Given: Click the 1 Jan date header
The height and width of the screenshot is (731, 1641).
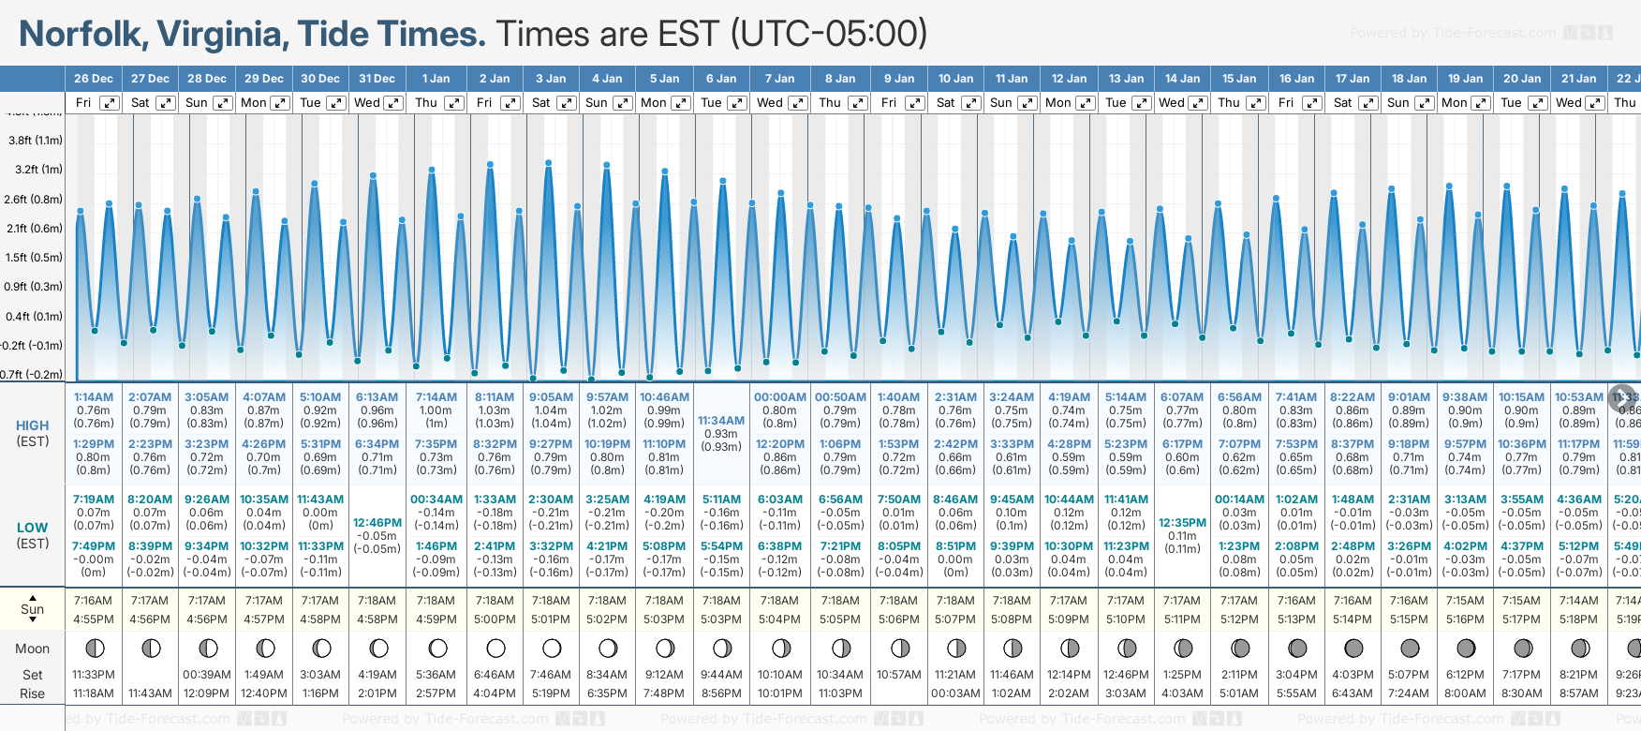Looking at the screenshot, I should [436, 79].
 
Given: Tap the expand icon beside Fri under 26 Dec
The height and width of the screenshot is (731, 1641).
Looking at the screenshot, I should [110, 103].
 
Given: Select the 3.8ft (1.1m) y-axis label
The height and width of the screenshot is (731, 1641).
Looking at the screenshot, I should [36, 141].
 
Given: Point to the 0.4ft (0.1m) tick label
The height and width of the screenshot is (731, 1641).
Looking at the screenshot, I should [35, 317].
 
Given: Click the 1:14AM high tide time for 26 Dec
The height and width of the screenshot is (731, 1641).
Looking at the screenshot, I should [94, 397].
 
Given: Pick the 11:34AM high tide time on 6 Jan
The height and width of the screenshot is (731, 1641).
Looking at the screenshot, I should [721, 421].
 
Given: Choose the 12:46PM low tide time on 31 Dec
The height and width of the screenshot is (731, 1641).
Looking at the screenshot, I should [377, 523].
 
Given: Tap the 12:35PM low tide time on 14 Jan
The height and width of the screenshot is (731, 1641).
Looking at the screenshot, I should [1182, 523].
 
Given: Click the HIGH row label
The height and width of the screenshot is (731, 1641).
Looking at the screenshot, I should [33, 425].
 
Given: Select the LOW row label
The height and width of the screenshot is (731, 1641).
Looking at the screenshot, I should [33, 528].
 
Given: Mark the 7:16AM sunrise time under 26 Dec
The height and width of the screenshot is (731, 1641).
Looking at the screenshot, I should [94, 601].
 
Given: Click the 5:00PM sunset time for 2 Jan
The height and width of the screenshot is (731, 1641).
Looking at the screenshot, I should [495, 619].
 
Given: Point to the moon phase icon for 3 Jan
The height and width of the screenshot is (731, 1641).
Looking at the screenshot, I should [552, 649].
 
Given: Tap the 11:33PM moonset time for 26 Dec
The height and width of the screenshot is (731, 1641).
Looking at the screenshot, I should [94, 675].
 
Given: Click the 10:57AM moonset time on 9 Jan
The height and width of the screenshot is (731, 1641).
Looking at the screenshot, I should [898, 675].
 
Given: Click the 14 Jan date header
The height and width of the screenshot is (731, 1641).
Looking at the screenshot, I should [1182, 79].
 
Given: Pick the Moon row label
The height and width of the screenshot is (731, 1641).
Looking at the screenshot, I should [33, 649].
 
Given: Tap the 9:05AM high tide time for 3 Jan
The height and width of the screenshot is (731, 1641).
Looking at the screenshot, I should [551, 397].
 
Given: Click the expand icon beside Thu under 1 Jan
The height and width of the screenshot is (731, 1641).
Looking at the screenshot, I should [453, 103].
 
